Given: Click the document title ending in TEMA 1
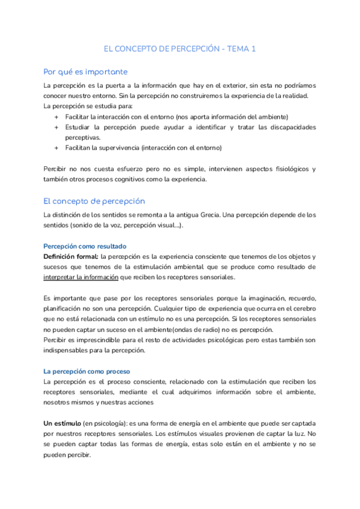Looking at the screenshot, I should tap(180, 49).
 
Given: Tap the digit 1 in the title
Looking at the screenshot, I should tap(253, 49).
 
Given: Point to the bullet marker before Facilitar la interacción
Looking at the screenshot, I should tap(56, 116).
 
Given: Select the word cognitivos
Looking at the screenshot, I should tap(145, 179).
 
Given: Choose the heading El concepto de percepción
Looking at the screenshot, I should tap(94, 201).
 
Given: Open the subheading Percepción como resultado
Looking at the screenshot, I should tap(85, 246).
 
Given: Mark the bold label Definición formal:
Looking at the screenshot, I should tap(71, 256).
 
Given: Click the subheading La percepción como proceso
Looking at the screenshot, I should tap(87, 371).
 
